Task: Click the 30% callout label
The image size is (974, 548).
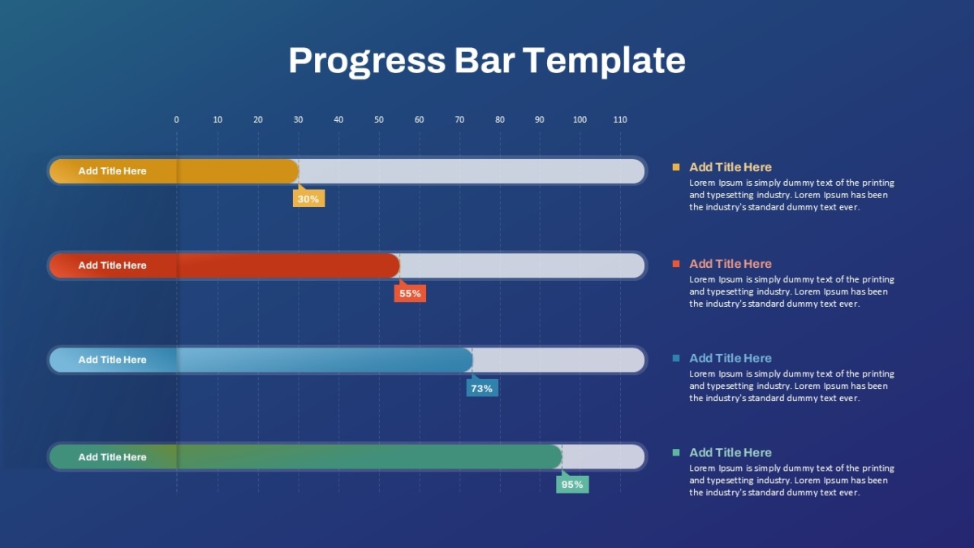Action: pyautogui.click(x=308, y=199)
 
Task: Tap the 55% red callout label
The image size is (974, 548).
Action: pyautogui.click(x=410, y=294)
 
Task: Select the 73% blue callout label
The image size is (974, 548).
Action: pyautogui.click(x=482, y=388)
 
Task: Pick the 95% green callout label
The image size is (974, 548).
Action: pyautogui.click(x=572, y=485)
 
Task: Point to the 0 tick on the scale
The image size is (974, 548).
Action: pyautogui.click(x=176, y=119)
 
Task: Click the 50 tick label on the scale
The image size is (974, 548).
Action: pyautogui.click(x=379, y=119)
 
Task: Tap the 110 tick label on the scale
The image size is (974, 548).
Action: pyautogui.click(x=620, y=119)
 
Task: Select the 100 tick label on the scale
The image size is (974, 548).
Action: pyautogui.click(x=580, y=119)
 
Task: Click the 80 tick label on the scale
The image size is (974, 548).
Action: pyautogui.click(x=500, y=119)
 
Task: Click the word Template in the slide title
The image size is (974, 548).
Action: pyautogui.click(x=604, y=61)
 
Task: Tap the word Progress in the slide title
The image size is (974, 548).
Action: pyautogui.click(x=367, y=61)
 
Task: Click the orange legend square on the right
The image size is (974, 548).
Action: pyautogui.click(x=675, y=167)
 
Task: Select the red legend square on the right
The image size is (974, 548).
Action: pyautogui.click(x=675, y=264)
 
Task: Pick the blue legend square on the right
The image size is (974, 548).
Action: pyautogui.click(x=675, y=358)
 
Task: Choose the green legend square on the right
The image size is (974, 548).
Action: pyautogui.click(x=675, y=452)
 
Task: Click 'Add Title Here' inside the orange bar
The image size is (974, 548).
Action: pyautogui.click(x=112, y=171)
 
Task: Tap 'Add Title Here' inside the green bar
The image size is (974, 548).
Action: pyautogui.click(x=112, y=457)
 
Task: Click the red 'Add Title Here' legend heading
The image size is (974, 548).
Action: pyautogui.click(x=730, y=264)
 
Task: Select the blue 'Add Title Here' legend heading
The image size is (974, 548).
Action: pyautogui.click(x=730, y=358)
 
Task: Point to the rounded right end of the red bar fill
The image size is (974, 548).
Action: pyautogui.click(x=399, y=265)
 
